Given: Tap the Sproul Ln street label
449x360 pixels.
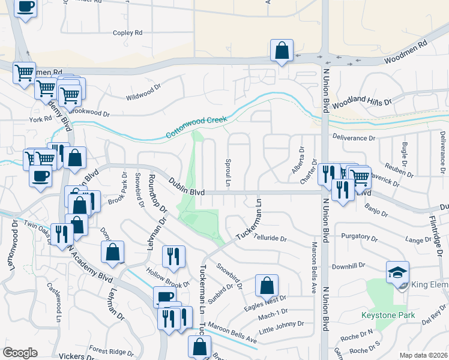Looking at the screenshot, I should point(228,172).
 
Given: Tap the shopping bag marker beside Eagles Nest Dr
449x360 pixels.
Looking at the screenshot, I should point(267,286).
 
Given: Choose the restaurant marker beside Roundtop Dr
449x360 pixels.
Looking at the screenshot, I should point(173,256).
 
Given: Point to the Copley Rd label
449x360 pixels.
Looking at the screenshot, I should point(127,32).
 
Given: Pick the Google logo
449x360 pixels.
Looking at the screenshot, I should point(20,352).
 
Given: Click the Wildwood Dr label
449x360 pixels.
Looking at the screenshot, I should point(145,97).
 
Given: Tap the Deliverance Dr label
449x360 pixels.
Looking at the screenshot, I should point(355,138).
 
